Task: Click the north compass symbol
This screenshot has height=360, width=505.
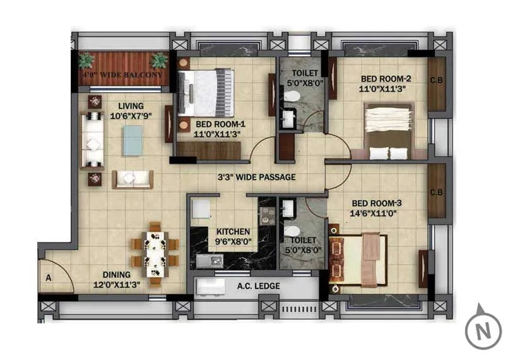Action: coord(484,329)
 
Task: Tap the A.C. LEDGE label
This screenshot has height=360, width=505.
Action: coord(258,286)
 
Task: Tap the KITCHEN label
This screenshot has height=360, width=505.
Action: coord(232,232)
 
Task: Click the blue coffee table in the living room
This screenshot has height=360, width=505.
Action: coord(133,140)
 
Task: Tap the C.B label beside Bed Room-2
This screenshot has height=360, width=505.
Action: coord(436,80)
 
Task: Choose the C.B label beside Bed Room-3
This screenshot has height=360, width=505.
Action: coord(436,193)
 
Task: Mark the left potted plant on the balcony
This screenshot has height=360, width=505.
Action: coord(87,61)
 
